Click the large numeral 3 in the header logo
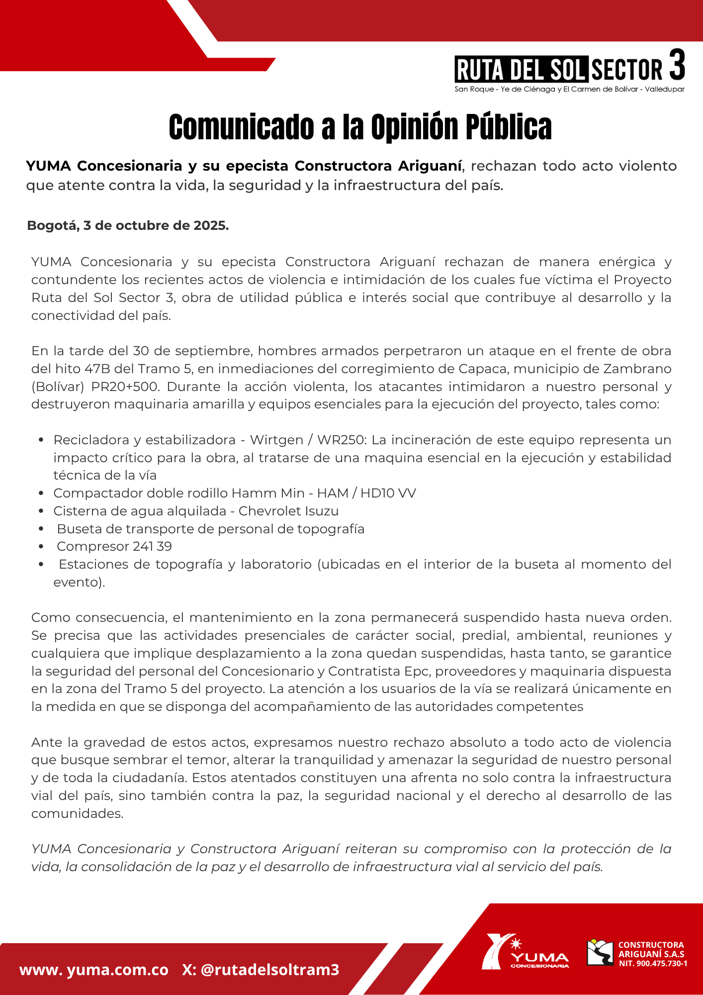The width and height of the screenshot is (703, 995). (677, 65)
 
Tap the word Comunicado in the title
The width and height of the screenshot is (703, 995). (242, 127)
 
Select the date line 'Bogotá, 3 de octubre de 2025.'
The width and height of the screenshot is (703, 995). (128, 225)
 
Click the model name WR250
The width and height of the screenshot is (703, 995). (342, 440)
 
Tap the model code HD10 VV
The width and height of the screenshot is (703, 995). (388, 493)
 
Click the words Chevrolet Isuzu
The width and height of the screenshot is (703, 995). (288, 511)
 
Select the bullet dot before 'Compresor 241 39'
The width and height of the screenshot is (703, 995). (41, 547)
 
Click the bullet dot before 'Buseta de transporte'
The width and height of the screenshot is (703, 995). (41, 529)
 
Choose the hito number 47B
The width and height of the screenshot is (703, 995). (95, 369)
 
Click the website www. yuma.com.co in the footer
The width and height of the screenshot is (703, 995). (93, 970)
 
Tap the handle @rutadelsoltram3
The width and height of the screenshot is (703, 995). (270, 970)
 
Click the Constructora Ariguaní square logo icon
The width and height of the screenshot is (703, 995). (600, 952)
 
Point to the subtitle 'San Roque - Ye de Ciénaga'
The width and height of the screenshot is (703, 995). (505, 90)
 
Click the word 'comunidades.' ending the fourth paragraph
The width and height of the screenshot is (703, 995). (77, 813)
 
